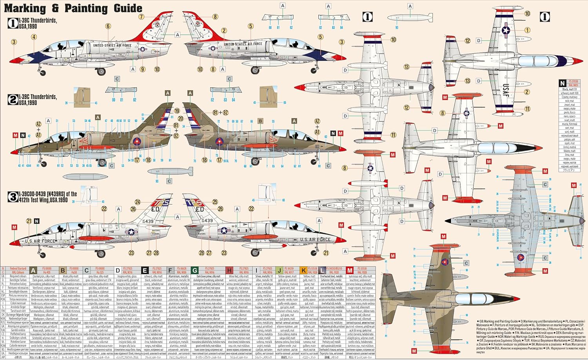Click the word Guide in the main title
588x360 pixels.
click(x=122, y=8)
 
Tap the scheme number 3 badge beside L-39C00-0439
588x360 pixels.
click(x=13, y=197)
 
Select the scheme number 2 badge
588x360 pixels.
click(x=13, y=99)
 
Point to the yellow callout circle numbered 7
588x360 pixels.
click(x=141, y=17)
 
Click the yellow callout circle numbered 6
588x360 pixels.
click(x=108, y=26)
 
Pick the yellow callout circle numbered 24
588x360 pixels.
click(x=138, y=202)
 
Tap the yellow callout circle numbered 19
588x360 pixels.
click(x=177, y=111)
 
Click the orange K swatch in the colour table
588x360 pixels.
click(x=303, y=270)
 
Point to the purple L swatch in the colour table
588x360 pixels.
click(x=322, y=270)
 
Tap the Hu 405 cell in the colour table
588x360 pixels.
click(x=47, y=272)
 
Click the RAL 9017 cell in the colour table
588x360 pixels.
click(x=289, y=272)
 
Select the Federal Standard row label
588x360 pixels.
click(x=18, y=269)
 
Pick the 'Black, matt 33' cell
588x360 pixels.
click(x=569, y=89)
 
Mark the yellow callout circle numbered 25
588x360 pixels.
click(x=215, y=202)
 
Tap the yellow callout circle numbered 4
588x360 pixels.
click(x=34, y=37)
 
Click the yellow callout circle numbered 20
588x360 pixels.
click(x=181, y=118)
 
